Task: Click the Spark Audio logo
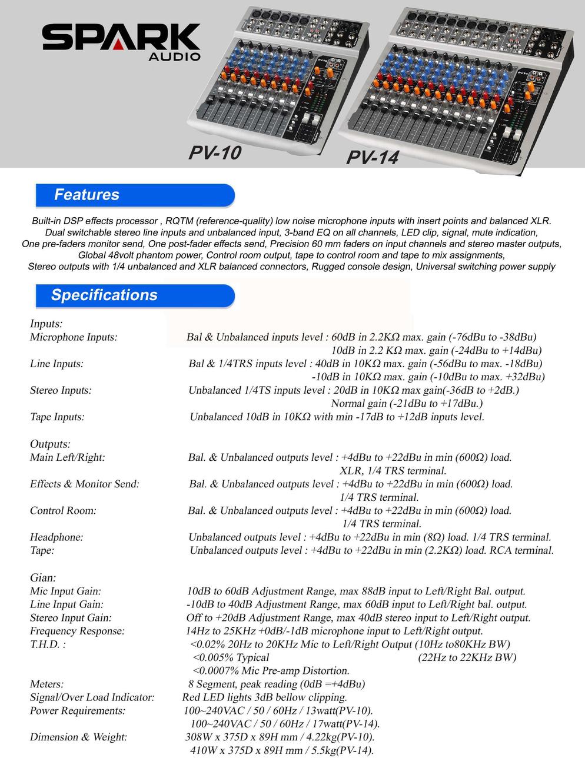coord(121,43)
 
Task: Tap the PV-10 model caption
coord(215,153)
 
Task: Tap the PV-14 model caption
coord(372,157)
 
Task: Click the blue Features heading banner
coord(135,195)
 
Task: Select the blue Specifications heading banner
coord(135,295)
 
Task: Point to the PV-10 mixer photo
coord(277,77)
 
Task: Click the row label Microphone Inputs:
coord(74,337)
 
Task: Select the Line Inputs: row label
coord(56,364)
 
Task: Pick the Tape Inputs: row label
coord(57,417)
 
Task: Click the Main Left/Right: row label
coord(67,457)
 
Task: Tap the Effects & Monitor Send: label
coord(85,484)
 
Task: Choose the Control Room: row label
coord(63,510)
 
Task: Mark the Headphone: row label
coord(56,537)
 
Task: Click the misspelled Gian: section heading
coord(43,578)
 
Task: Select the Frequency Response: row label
coord(77,631)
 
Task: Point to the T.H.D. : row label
coord(47,644)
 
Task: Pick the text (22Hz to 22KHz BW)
coord(467,657)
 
